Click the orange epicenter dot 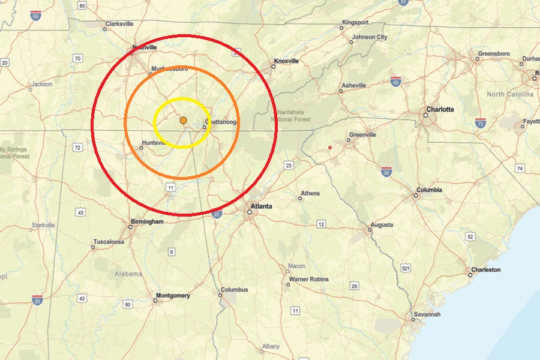pos(184,121)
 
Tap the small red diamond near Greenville pos(330,148)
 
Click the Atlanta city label pos(262,206)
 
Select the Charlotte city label pos(440,110)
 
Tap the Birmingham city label pos(146,221)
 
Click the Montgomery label pos(173,295)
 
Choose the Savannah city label pos(427,314)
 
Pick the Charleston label pos(485,270)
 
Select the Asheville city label pos(353,86)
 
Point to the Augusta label pos(382,225)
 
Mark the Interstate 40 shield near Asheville pos(395,81)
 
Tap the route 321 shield pos(406,268)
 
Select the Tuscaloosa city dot pos(93,247)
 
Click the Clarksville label pos(119,24)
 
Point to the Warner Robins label pos(308,280)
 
